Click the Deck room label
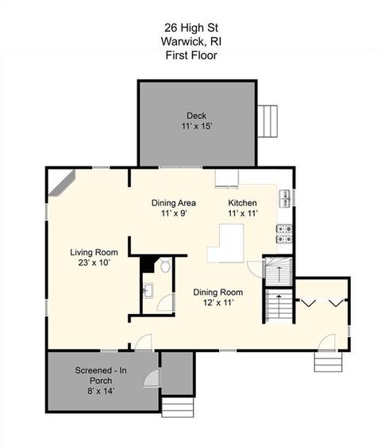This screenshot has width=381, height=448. [x=196, y=116]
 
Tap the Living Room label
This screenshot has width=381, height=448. [x=94, y=252]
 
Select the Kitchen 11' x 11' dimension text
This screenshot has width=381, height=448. [x=243, y=213]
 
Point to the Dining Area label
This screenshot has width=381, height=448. [x=174, y=203]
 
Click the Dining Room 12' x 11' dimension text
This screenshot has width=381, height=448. [x=218, y=302]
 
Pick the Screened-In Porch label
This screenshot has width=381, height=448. [x=101, y=375]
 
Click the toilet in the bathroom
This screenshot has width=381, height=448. [x=165, y=266]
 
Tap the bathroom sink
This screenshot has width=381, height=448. [x=148, y=290]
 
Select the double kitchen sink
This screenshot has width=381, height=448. [x=285, y=198]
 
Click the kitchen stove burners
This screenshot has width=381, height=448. [x=284, y=234]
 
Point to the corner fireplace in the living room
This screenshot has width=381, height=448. [x=62, y=183]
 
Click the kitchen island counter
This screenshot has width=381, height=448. [x=226, y=243]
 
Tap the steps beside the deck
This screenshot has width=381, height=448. [x=267, y=121]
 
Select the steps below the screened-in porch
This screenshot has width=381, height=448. [x=178, y=407]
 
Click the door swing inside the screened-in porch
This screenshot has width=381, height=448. [x=152, y=378]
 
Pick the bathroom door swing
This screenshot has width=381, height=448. [x=165, y=302]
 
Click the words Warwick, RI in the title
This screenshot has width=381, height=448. [x=191, y=41]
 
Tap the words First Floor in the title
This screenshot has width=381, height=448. [x=191, y=55]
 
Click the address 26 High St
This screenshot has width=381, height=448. [x=191, y=28]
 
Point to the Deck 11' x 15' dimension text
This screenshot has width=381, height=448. [x=197, y=126]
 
